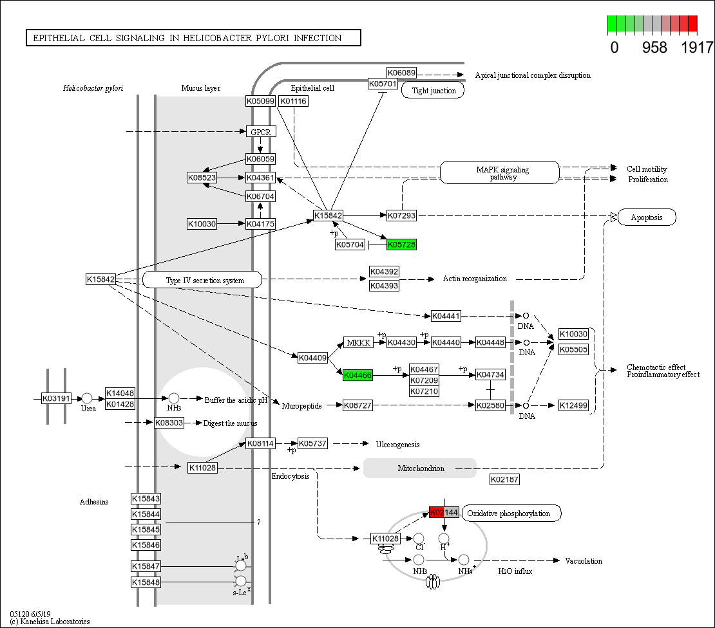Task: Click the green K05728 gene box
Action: [401, 245]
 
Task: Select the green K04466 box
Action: [357, 375]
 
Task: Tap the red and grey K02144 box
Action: [444, 513]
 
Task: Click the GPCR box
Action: [261, 131]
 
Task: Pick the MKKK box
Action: [358, 342]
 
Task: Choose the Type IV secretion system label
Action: [202, 280]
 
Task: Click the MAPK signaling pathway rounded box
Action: [499, 172]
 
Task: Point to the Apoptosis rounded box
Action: [647, 217]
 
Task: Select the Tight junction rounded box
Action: [434, 91]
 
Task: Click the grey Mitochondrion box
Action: [420, 468]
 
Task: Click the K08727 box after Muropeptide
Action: [357, 405]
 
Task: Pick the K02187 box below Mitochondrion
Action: [504, 479]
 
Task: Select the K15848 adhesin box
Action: [146, 582]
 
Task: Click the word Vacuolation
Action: [584, 561]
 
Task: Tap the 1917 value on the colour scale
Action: [697, 47]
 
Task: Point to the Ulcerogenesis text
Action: [397, 444]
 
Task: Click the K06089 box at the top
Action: [401, 73]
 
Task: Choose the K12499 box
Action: [573, 405]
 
